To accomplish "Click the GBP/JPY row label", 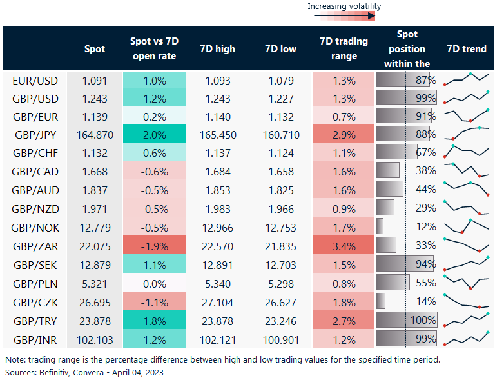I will (35, 135).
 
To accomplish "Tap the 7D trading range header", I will (344, 48).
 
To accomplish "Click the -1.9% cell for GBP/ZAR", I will (154, 246).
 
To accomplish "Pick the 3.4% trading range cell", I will (344, 246).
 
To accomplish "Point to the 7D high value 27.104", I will (217, 302).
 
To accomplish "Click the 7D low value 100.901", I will (280, 339).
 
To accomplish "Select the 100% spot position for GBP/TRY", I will (423, 321).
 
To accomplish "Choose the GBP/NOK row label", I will (35, 228).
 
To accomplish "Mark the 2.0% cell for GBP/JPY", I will (154, 135).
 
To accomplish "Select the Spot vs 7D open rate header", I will (154, 48).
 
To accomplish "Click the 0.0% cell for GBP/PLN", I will (154, 283).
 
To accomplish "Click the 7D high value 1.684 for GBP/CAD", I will (217, 172).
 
